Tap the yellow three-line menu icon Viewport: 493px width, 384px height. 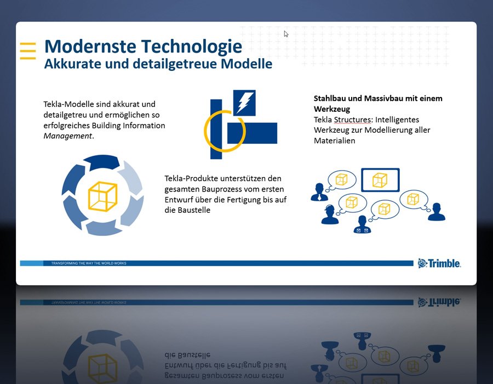(x=28, y=50)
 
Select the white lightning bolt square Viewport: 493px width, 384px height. (x=244, y=103)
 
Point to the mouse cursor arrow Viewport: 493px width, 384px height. (x=286, y=33)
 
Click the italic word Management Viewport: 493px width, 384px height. (x=67, y=136)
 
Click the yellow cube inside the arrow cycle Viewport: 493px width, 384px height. (x=102, y=196)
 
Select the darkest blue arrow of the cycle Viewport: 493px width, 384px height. (x=102, y=162)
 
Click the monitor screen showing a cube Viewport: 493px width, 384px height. (x=380, y=180)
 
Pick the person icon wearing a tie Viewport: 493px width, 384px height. (x=319, y=192)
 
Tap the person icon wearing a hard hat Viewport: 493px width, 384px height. (x=330, y=214)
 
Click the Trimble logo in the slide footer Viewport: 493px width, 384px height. (x=439, y=263)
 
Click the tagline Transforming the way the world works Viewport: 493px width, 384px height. (x=89, y=263)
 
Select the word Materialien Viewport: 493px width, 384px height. (x=335, y=140)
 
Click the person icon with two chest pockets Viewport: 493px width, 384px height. (x=362, y=224)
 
